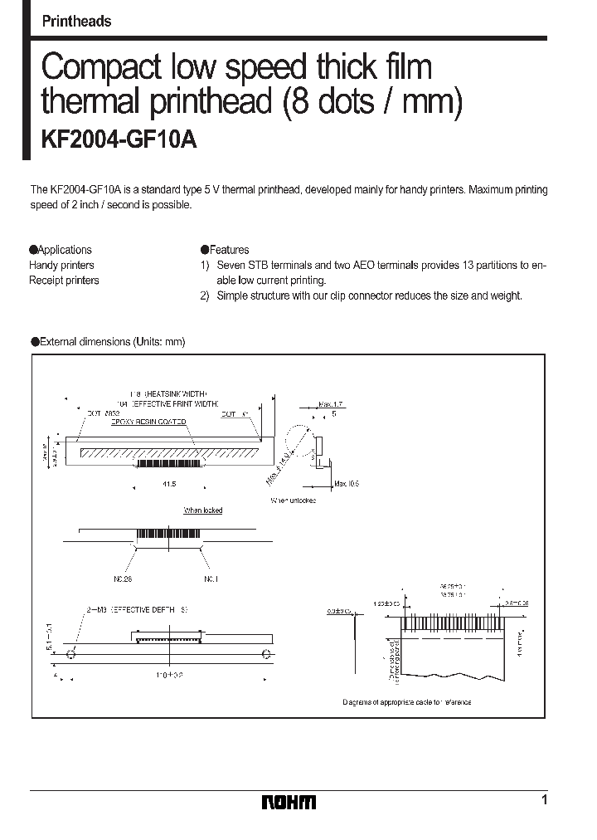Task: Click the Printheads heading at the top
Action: click(x=76, y=22)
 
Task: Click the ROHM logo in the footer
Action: click(x=289, y=802)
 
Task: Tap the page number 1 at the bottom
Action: click(x=544, y=800)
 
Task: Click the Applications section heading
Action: click(x=61, y=250)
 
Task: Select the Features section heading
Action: click(x=225, y=250)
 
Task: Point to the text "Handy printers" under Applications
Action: click(x=61, y=266)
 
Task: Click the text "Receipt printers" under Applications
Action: click(x=64, y=281)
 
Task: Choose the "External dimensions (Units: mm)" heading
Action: click(x=108, y=341)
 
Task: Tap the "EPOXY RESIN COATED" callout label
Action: click(x=148, y=422)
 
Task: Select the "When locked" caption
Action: click(x=202, y=510)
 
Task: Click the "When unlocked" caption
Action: click(x=293, y=501)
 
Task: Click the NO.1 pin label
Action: click(x=210, y=578)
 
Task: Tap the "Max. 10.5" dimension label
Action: click(x=345, y=482)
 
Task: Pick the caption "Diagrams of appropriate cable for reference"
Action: click(x=406, y=702)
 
